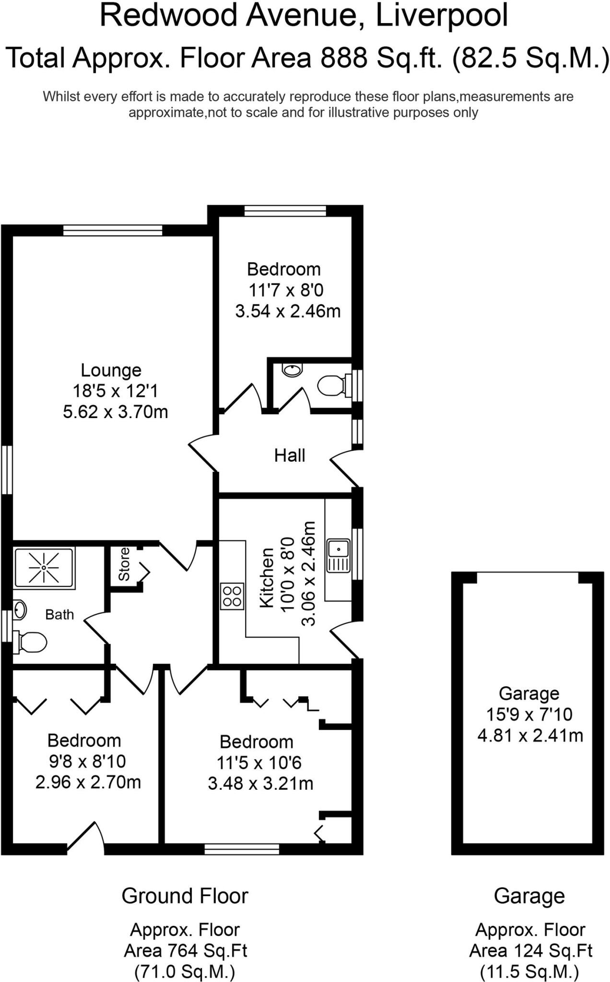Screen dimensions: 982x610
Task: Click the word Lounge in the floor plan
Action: point(111,370)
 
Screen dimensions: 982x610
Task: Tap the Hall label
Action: point(290,455)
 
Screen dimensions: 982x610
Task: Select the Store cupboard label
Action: point(124,564)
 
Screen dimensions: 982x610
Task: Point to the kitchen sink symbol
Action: point(339,556)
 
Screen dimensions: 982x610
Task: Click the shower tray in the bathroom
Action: point(44,568)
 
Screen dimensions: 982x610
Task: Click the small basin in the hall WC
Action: point(292,370)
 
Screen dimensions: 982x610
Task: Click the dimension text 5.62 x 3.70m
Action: point(115,412)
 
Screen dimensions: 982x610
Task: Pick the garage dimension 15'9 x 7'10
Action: point(529,714)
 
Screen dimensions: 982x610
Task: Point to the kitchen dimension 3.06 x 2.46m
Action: point(310,573)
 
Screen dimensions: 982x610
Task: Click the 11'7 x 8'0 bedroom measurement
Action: point(286,290)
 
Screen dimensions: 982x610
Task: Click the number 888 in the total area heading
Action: point(344,58)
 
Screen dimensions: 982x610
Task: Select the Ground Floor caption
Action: point(185,896)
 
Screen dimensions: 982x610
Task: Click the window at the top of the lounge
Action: point(113,231)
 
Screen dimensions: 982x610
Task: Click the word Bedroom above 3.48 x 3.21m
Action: point(256,742)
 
